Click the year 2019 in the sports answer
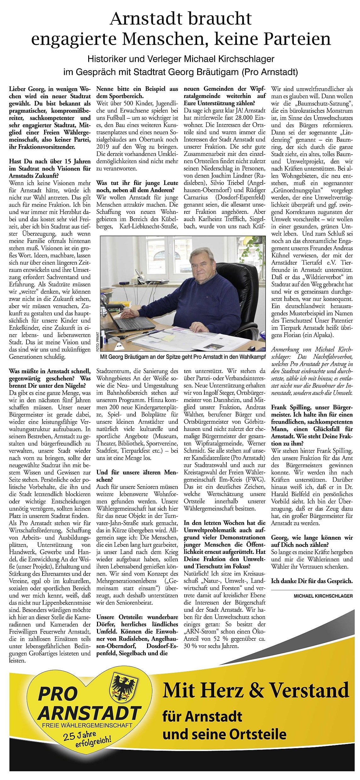click(104, 146)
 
